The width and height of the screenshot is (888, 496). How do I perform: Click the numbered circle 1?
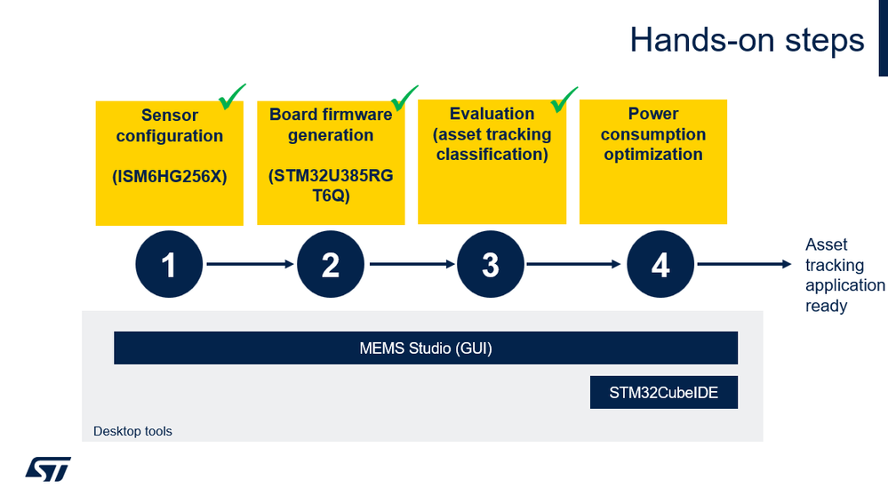pyautogui.click(x=169, y=265)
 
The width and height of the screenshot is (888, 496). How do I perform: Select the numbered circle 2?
pyautogui.click(x=331, y=265)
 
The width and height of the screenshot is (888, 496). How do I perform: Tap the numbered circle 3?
pyautogui.click(x=491, y=265)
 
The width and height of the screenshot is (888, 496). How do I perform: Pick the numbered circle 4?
pyautogui.click(x=660, y=265)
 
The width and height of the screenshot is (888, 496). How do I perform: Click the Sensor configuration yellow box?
pyautogui.click(x=169, y=163)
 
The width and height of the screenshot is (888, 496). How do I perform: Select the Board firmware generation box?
pyautogui.click(x=331, y=163)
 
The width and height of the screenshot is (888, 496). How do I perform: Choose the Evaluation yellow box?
pyautogui.click(x=492, y=162)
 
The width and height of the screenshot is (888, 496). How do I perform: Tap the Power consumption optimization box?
pyautogui.click(x=653, y=162)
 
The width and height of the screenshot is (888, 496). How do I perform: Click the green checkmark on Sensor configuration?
pyautogui.click(x=232, y=96)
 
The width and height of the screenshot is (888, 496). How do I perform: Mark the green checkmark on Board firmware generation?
pyautogui.click(x=404, y=96)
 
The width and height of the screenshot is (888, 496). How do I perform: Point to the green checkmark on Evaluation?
pyautogui.click(x=564, y=97)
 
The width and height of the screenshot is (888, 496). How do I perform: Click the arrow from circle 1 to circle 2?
pyautogui.click(x=250, y=264)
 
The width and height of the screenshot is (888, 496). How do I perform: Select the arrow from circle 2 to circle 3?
pyautogui.click(x=411, y=264)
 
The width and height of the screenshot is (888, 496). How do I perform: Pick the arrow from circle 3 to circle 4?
pyautogui.click(x=573, y=264)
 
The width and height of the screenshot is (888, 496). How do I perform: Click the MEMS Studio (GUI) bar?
pyautogui.click(x=426, y=348)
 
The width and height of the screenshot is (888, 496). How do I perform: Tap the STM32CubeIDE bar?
pyautogui.click(x=664, y=392)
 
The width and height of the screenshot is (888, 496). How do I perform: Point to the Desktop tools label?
pyautogui.click(x=132, y=432)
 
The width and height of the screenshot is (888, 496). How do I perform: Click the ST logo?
pyautogui.click(x=48, y=468)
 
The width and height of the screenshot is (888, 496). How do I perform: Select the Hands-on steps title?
pyautogui.click(x=747, y=40)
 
